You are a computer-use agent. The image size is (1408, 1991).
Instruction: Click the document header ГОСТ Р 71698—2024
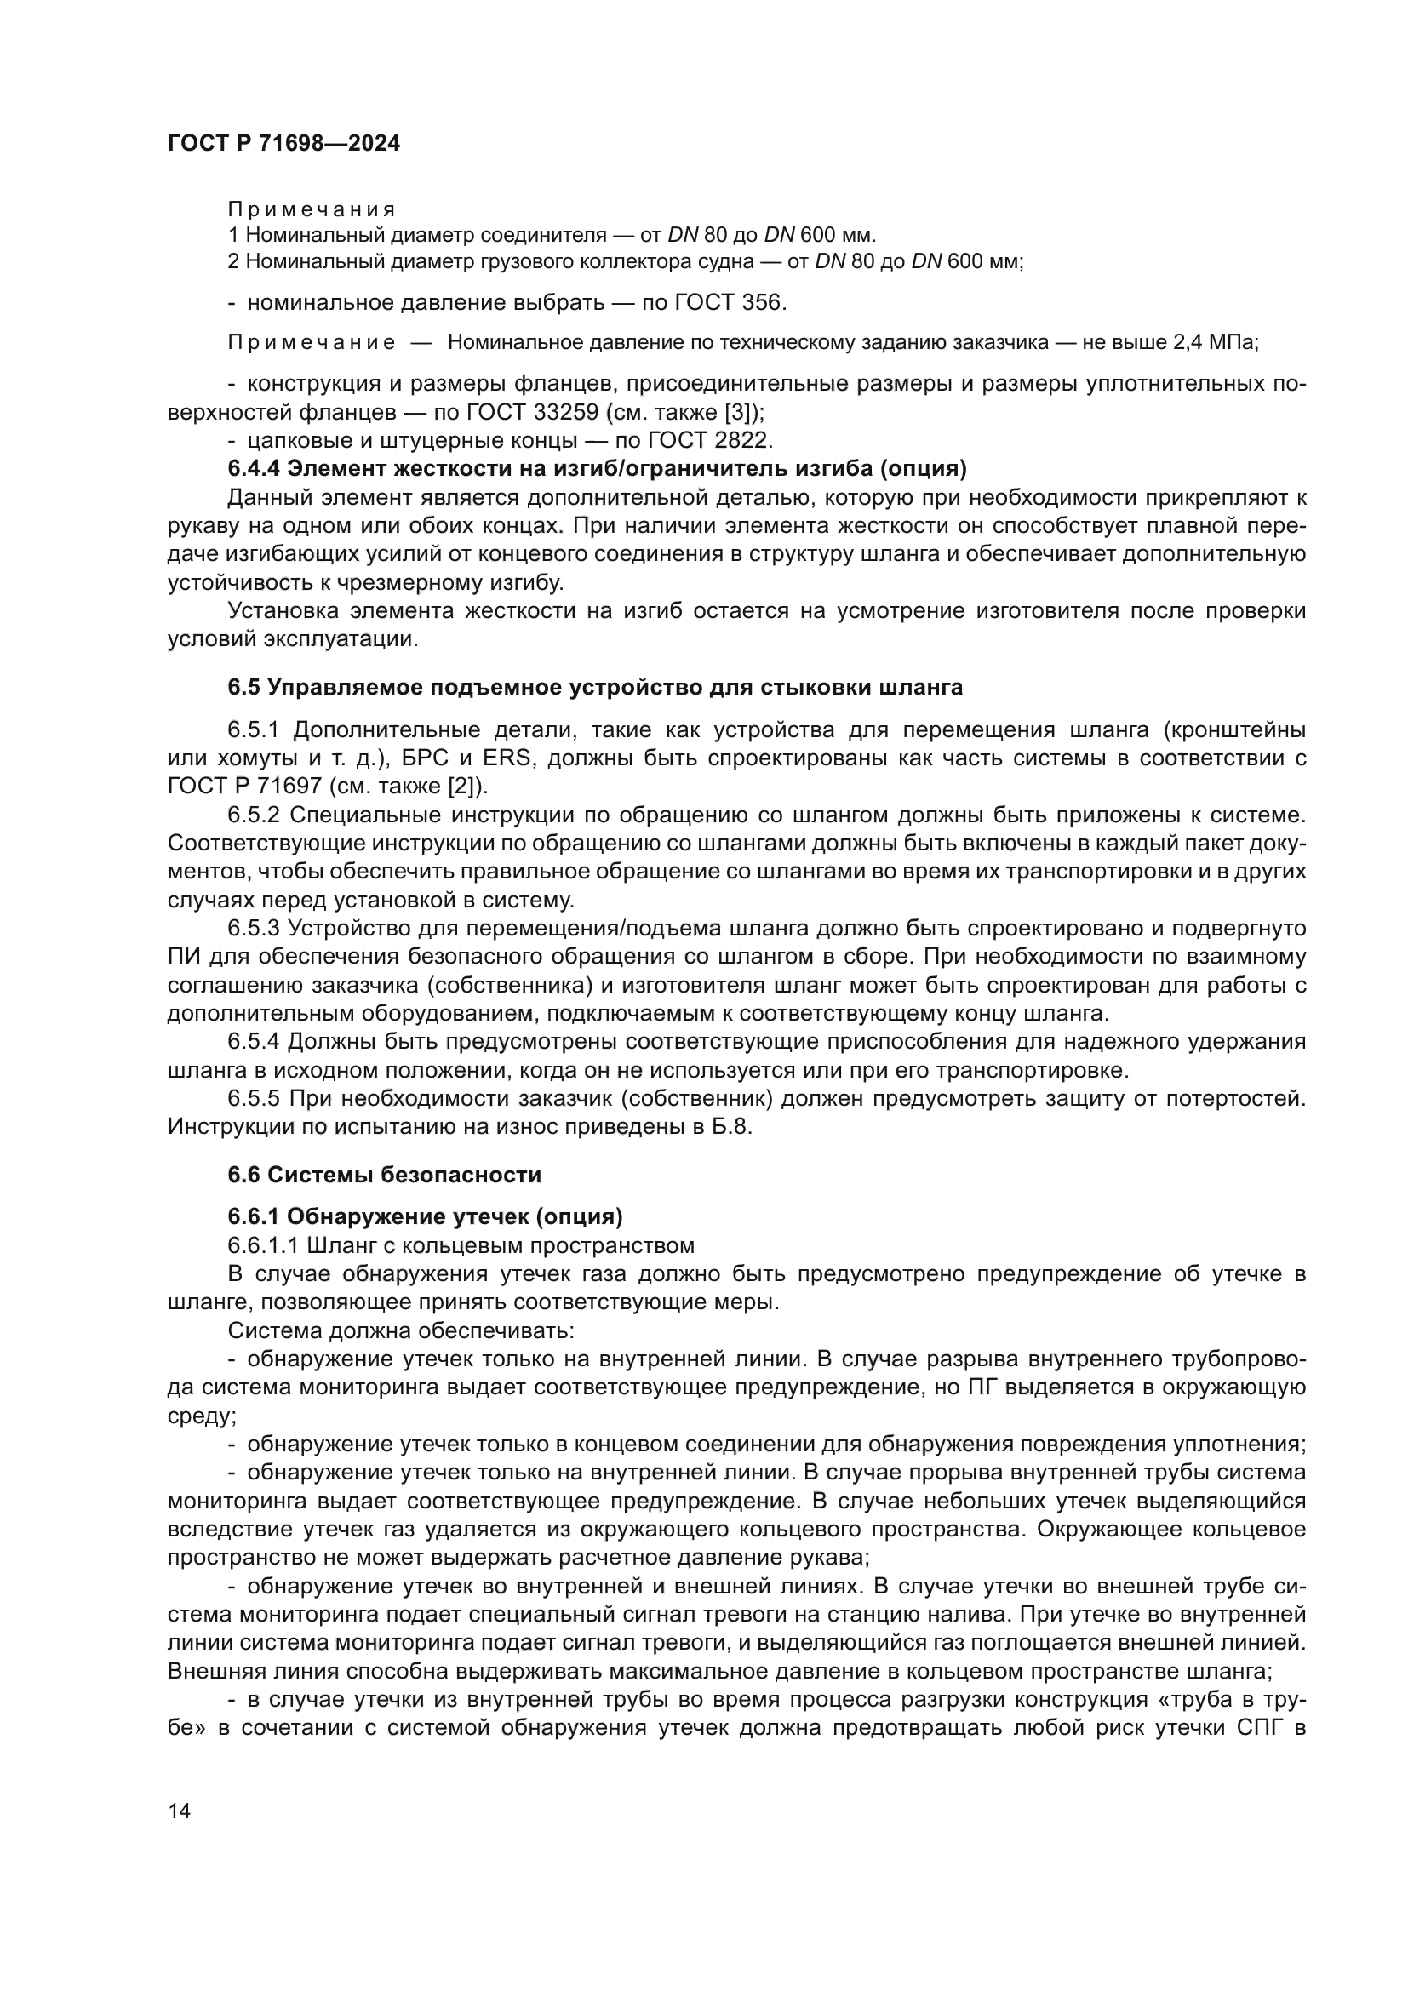pyautogui.click(x=283, y=144)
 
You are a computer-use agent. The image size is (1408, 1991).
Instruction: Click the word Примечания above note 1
pyautogui.click(x=312, y=210)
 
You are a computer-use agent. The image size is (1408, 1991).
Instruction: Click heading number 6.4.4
pyautogui.click(x=254, y=469)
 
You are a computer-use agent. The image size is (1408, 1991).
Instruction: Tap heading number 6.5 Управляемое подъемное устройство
pyautogui.click(x=243, y=688)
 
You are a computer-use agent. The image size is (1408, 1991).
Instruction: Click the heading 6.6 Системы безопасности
pyautogui.click(x=384, y=1175)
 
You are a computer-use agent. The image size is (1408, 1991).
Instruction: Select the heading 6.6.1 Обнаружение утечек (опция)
pyautogui.click(x=425, y=1217)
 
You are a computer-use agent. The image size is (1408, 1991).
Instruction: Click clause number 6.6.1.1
pyautogui.click(x=263, y=1246)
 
